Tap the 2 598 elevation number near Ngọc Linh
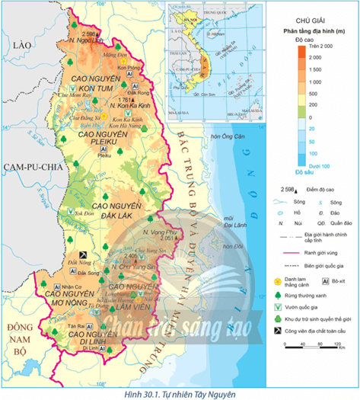(x=88, y=34)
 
